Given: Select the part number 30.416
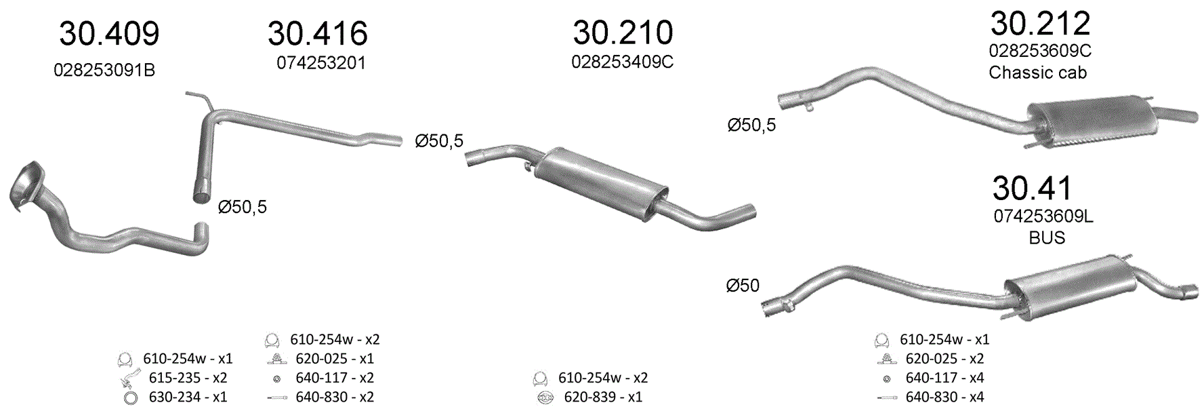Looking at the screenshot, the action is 318,33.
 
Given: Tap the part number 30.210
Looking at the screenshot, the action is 623,32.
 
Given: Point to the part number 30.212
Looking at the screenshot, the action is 1040,23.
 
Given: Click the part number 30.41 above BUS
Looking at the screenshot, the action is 1033,188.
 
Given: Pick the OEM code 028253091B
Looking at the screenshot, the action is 104,71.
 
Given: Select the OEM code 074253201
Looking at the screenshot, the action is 321,63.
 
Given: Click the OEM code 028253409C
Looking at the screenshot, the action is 623,62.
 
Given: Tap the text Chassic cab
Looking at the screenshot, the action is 1037,73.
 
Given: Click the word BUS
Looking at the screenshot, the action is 1047,237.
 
